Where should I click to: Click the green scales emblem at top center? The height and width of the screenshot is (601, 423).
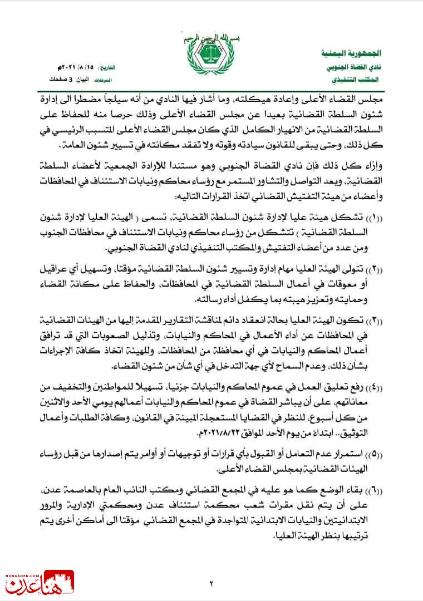[211, 62]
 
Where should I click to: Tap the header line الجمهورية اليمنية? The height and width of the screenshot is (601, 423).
[352, 54]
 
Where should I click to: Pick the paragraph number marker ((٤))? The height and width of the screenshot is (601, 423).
[387, 387]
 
